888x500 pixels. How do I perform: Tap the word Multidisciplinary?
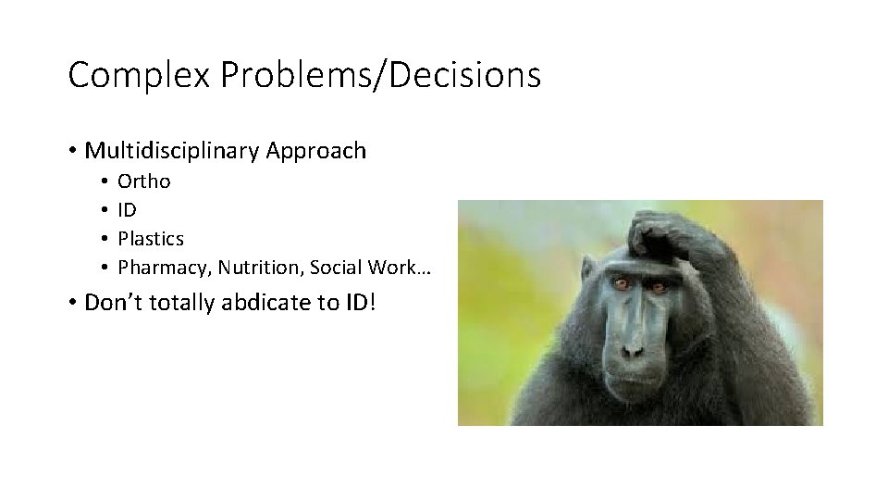172,151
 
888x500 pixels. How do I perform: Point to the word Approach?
316,151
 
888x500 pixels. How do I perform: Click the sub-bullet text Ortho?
143,181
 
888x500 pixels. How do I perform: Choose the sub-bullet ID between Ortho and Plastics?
127,210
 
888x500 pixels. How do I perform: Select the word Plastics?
151,239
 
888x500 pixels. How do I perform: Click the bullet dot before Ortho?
106,181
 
